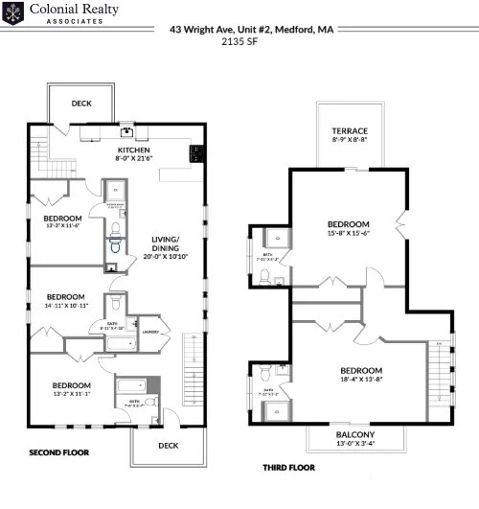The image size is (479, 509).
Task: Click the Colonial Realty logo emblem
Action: pos(12,14)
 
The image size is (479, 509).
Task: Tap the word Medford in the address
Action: pos(293,29)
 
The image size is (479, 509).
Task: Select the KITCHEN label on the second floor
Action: pos(134,150)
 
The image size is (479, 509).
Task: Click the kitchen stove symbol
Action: pos(197,151)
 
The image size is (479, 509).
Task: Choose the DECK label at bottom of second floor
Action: pos(168,445)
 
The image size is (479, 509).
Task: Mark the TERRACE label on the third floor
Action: pos(350,130)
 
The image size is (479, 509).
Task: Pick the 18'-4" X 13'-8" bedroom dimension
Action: pos(361,380)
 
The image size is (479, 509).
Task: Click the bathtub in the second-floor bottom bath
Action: pos(129,388)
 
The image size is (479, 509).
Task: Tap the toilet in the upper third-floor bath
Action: pos(263,275)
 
